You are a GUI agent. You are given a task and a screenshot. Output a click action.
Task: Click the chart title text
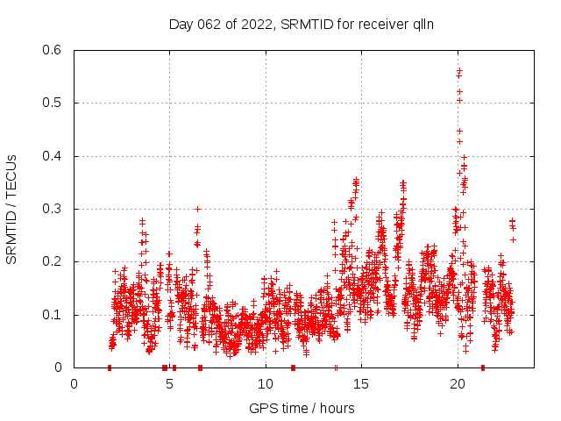pyautogui.click(x=302, y=24)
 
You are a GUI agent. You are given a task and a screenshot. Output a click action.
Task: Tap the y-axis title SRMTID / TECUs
pyautogui.click(x=11, y=209)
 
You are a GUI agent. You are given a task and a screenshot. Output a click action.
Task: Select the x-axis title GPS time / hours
pyautogui.click(x=302, y=408)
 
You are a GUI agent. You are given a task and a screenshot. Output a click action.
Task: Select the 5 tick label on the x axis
pyautogui.click(x=170, y=384)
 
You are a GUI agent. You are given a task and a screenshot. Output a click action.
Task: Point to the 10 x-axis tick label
pyautogui.click(x=266, y=384)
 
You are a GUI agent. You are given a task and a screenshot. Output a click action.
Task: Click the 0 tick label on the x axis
pyautogui.click(x=75, y=384)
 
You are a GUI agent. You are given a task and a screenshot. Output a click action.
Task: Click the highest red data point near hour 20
pyautogui.click(x=459, y=69)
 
